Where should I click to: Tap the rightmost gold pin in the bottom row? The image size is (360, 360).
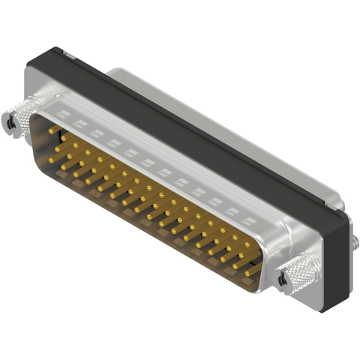coord(247,273)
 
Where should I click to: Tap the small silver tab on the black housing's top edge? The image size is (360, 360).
coord(64,53)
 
